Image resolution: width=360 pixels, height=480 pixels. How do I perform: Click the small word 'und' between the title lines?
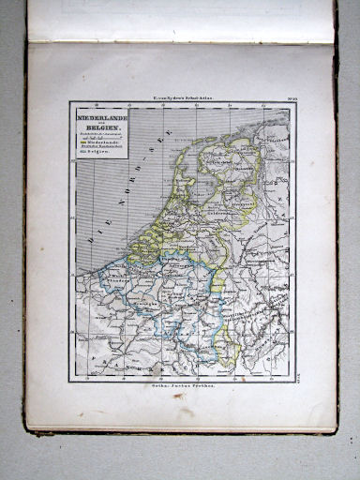tap(98, 122)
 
